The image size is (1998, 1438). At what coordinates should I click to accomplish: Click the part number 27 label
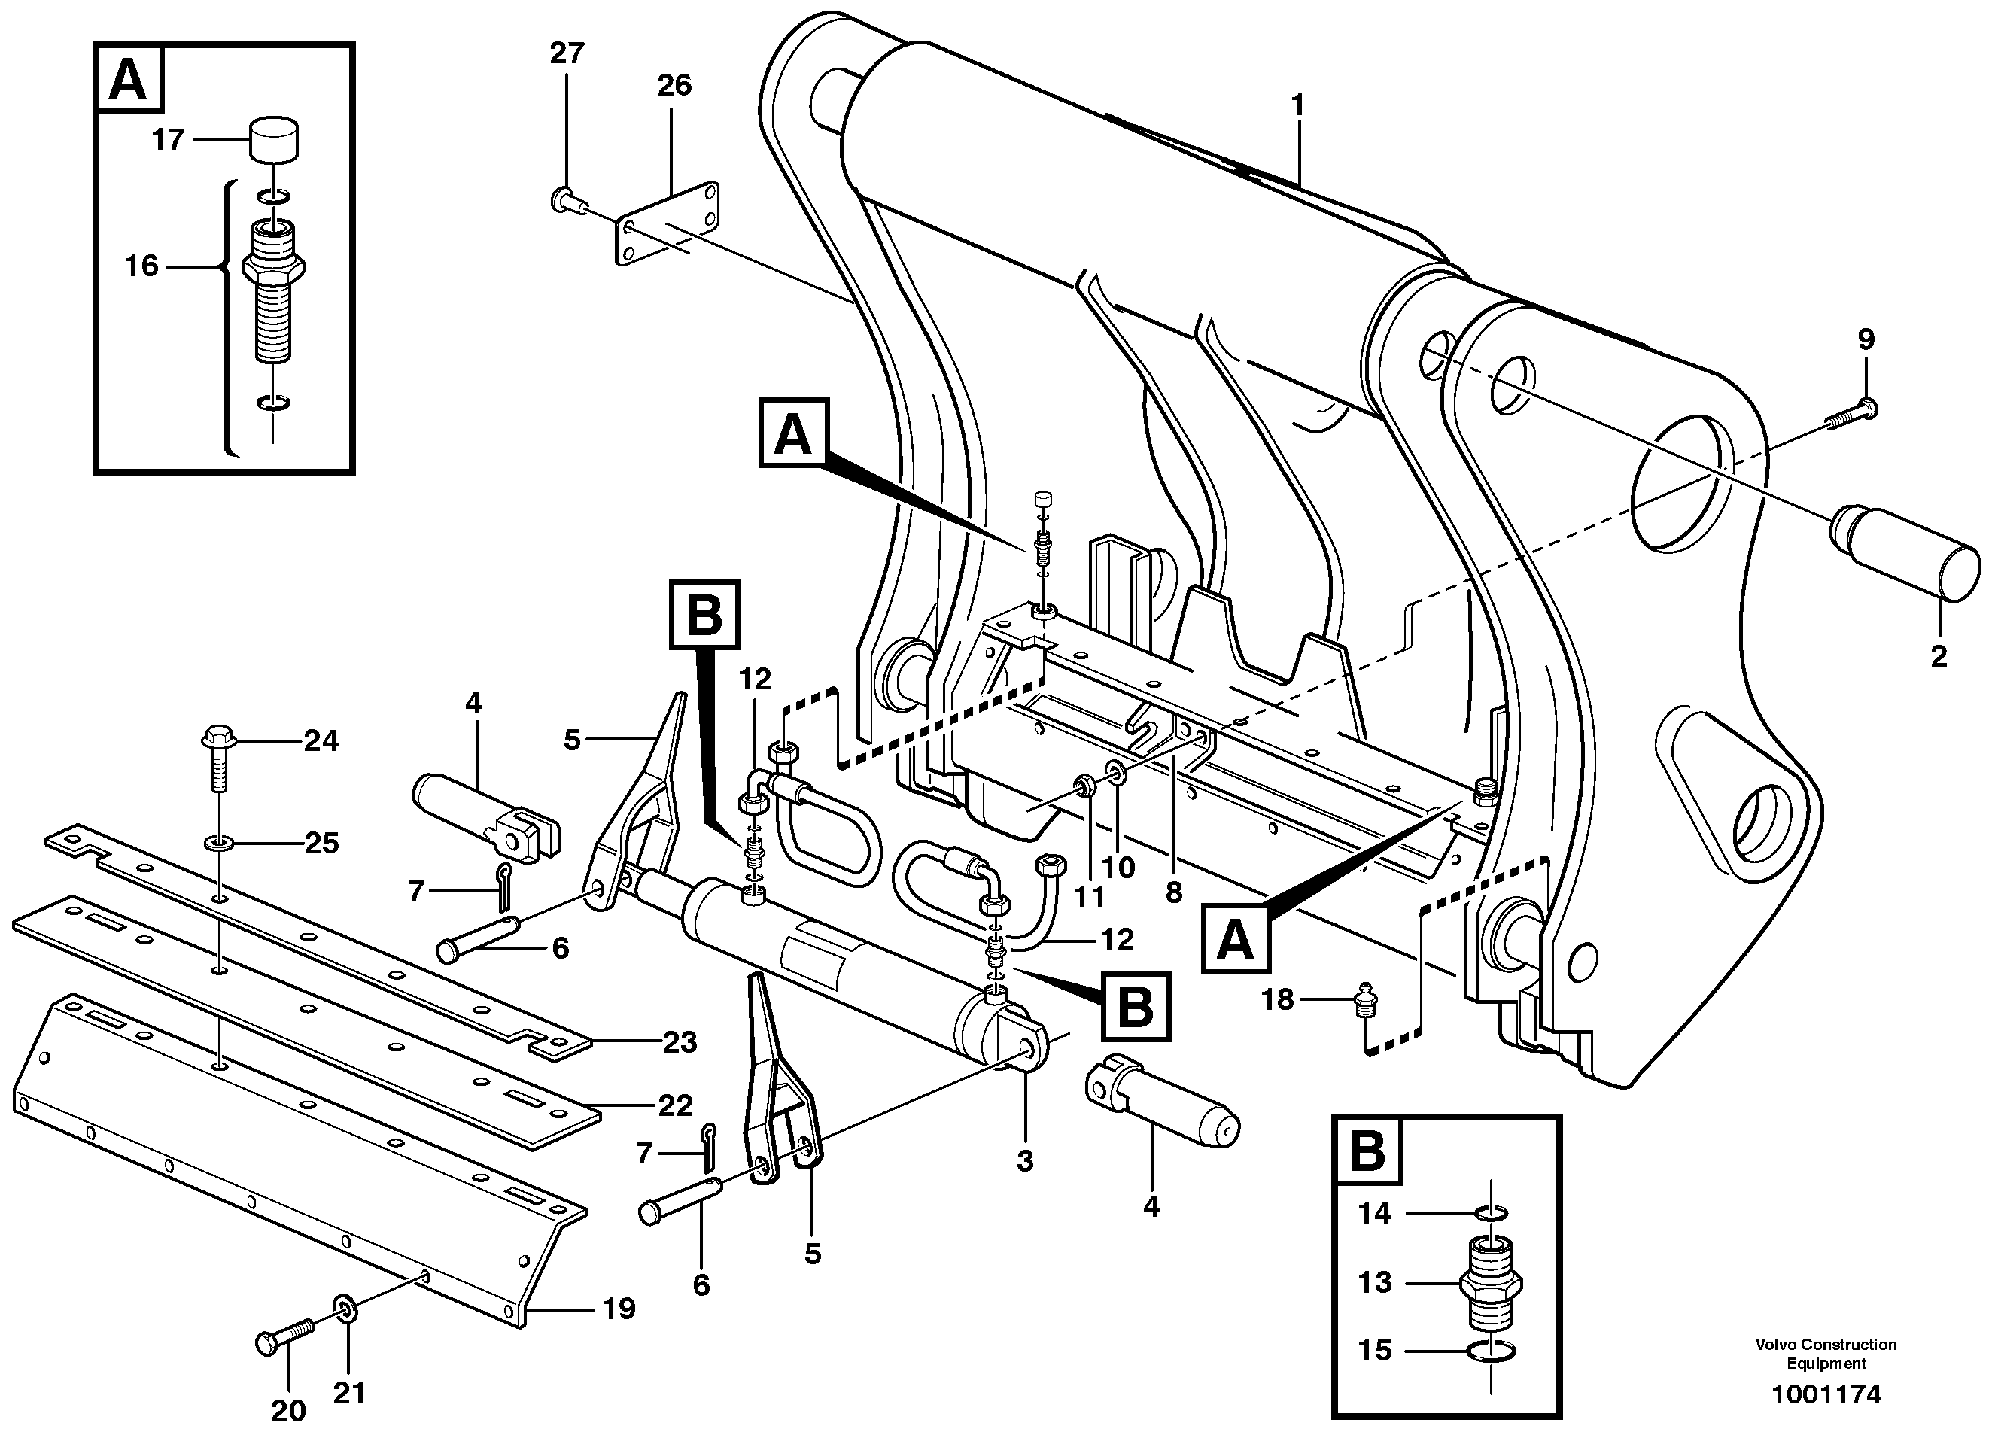567,53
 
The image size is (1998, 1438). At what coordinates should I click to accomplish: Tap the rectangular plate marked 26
667,223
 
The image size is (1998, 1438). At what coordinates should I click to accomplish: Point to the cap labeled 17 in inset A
274,140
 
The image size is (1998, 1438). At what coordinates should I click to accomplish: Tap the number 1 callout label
1297,107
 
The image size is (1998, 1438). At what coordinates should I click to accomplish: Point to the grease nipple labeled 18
1364,1002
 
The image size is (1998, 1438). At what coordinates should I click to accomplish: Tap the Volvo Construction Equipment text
1824,1354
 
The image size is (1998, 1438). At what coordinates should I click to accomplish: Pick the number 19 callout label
618,1309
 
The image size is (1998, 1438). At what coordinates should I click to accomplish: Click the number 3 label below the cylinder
1024,1161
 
